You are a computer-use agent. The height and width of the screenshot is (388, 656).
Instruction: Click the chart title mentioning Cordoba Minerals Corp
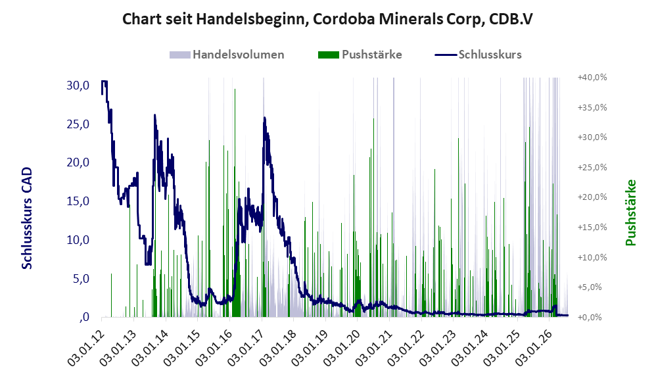point(327,19)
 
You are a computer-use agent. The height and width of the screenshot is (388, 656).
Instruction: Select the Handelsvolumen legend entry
point(227,55)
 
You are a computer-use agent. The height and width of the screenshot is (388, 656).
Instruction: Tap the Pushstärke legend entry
point(360,55)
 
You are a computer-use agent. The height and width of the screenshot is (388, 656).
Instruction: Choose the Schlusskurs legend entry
point(478,55)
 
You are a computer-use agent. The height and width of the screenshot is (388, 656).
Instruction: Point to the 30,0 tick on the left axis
point(78,85)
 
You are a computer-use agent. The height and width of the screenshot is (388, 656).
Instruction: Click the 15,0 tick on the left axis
point(78,201)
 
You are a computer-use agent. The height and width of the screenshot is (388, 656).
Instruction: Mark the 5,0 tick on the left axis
point(81,279)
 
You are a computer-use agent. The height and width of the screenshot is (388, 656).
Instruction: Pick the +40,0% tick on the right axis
point(592,78)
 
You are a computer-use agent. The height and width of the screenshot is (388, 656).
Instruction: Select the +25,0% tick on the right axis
point(592,168)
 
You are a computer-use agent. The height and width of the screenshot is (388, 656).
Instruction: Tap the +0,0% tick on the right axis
point(592,317)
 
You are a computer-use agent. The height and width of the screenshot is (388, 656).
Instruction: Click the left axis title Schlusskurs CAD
point(27,218)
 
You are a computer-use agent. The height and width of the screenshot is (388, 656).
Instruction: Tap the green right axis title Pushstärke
point(630,212)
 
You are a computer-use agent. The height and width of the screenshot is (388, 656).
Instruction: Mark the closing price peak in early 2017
point(264,118)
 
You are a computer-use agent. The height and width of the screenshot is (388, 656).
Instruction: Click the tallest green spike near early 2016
point(235,89)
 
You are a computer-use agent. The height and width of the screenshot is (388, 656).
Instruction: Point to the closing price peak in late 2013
point(154,115)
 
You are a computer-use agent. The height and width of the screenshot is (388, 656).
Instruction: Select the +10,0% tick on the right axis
point(592,257)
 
